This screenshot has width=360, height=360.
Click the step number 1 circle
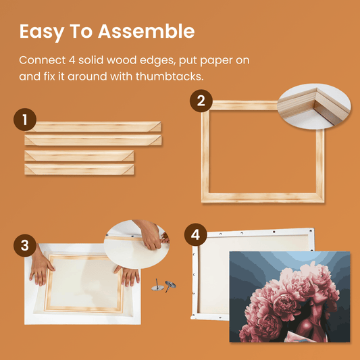click(x=25, y=120)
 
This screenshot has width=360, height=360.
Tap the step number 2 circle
click(x=201, y=101)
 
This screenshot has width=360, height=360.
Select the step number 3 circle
click(x=25, y=245)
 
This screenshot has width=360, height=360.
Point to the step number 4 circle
click(x=196, y=234)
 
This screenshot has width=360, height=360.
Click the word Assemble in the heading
click(x=147, y=31)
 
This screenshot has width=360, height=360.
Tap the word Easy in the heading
click(x=42, y=32)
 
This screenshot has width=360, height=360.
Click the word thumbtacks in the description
click(x=170, y=76)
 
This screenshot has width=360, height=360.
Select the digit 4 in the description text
click(x=72, y=60)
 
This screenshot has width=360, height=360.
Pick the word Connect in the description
click(x=43, y=60)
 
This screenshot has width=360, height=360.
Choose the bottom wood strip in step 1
click(x=79, y=170)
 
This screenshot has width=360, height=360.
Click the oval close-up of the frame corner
click(x=314, y=106)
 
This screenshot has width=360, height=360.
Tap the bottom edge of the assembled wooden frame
click(x=263, y=198)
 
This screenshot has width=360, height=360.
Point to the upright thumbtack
click(x=157, y=286)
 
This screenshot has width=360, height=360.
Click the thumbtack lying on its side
click(x=170, y=286)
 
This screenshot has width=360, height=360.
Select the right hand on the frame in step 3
click(x=128, y=275)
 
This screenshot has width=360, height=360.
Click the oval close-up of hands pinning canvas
click(x=137, y=244)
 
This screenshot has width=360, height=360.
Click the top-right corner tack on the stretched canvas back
click(x=311, y=230)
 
